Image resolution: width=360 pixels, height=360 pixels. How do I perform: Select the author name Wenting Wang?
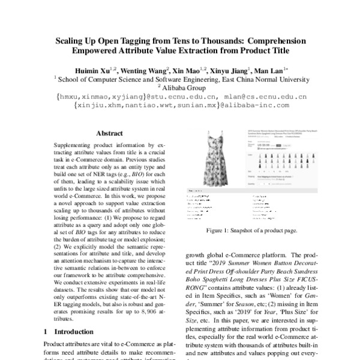144,70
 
